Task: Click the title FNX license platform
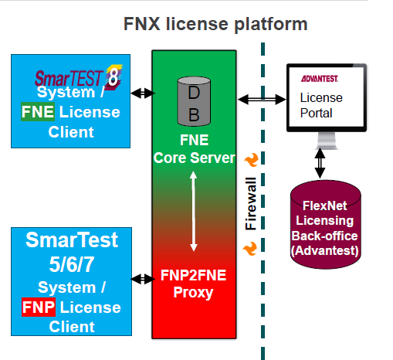216,24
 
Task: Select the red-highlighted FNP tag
36,307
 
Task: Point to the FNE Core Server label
193,150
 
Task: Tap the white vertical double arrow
193,209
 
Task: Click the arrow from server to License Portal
263,99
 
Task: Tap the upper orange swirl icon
250,160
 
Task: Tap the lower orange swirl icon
250,249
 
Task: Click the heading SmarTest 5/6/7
73,251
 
